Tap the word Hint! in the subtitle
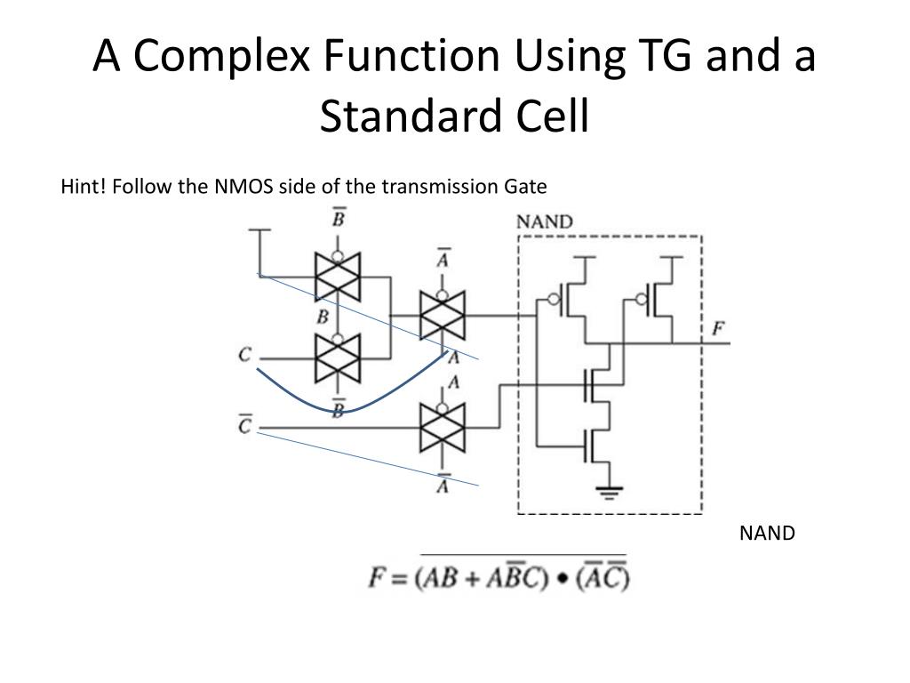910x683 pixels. click(83, 187)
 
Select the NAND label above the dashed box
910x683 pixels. click(545, 221)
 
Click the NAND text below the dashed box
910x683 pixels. click(767, 534)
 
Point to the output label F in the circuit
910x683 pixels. click(718, 329)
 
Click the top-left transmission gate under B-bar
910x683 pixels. click(338, 276)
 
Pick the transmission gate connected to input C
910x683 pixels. click(338, 358)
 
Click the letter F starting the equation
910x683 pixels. click(378, 579)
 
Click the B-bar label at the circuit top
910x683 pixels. click(339, 217)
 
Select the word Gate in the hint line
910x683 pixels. click(526, 187)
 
